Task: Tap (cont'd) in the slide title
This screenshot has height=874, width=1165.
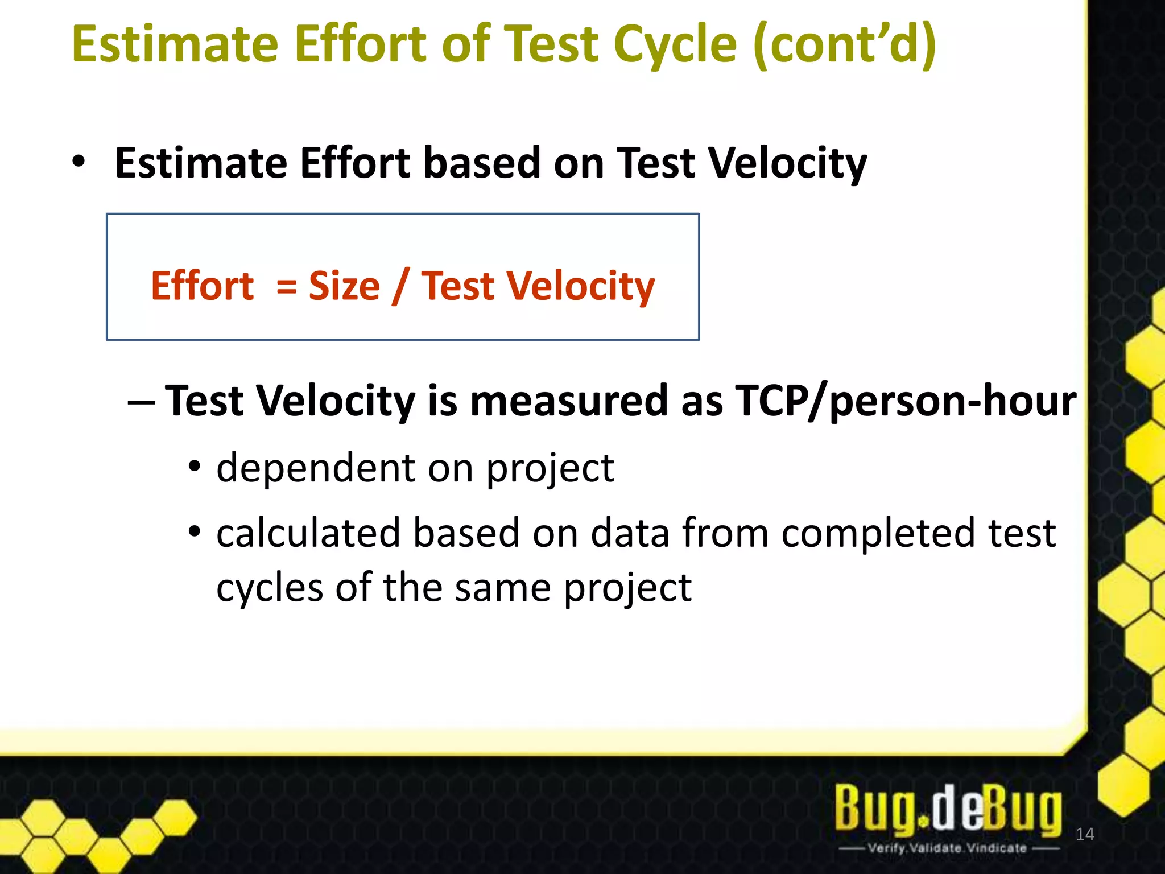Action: click(x=844, y=46)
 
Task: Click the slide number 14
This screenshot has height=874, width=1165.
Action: click(x=1085, y=834)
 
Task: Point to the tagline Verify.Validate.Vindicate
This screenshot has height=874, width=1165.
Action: click(x=948, y=848)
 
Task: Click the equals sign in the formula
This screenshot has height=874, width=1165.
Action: click(x=286, y=286)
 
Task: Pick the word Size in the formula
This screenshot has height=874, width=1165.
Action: click(x=344, y=286)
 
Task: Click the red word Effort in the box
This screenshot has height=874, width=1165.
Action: click(x=202, y=286)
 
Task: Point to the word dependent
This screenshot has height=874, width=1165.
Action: click(x=316, y=468)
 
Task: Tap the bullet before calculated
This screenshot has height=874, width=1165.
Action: click(x=195, y=532)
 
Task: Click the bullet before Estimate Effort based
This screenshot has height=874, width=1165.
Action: click(x=79, y=162)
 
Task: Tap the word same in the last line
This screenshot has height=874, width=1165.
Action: click(x=503, y=588)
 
